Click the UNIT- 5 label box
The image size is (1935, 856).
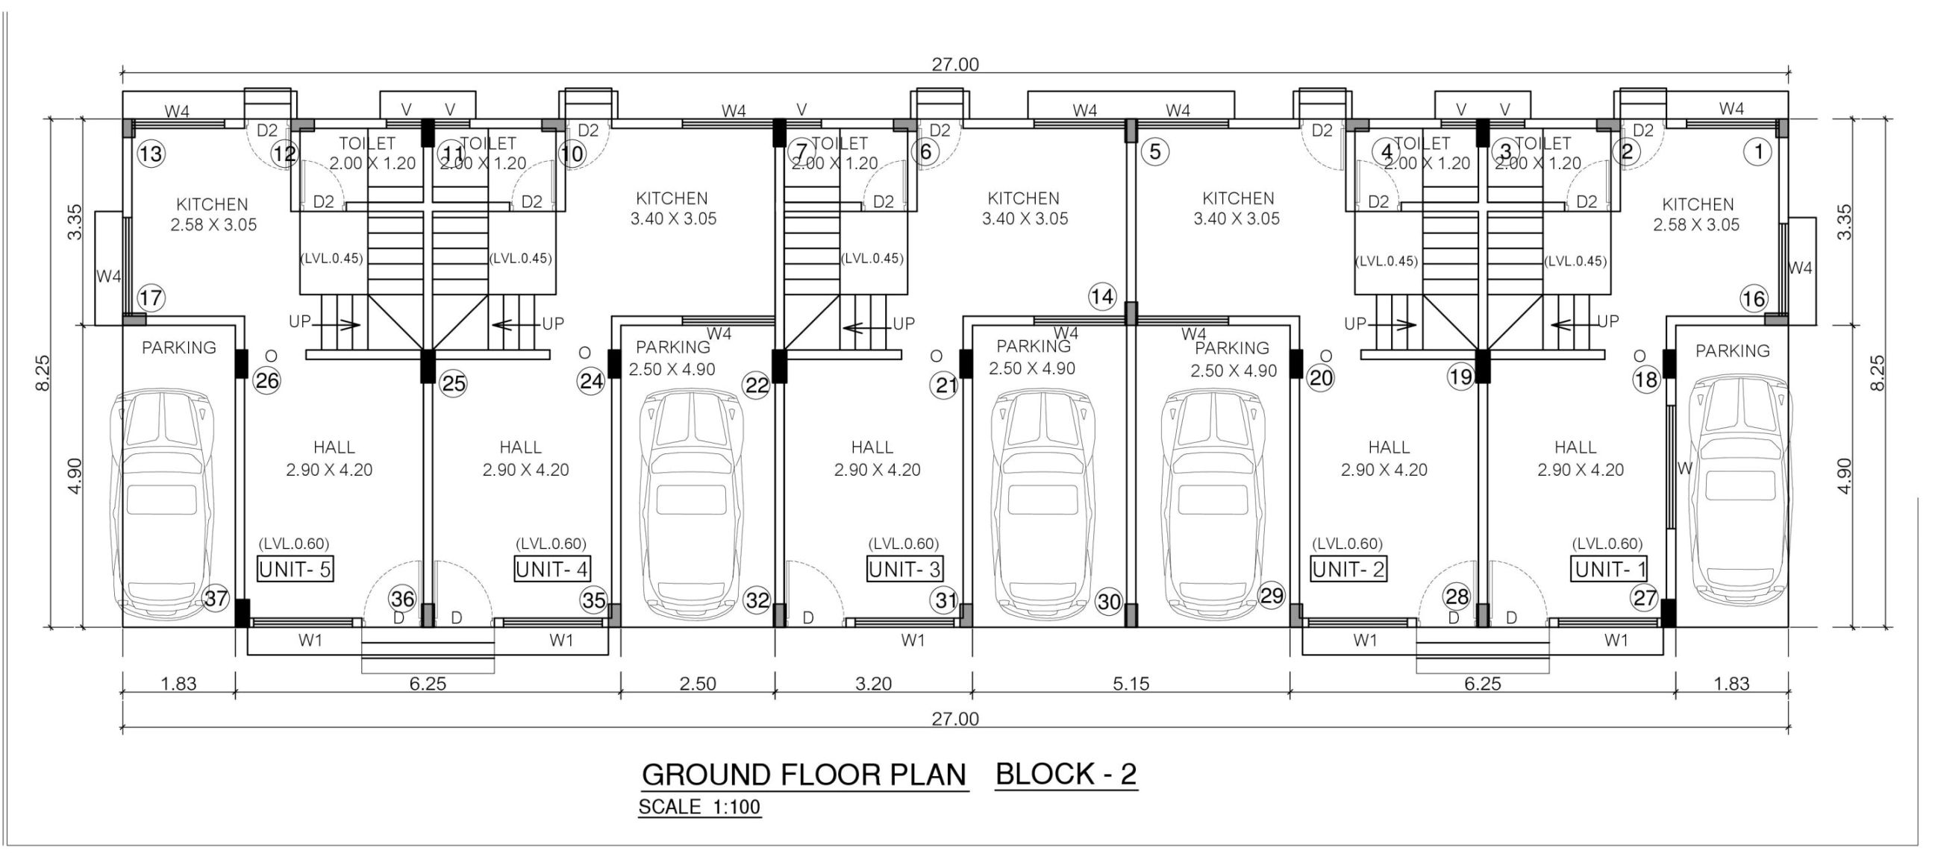coord(296,569)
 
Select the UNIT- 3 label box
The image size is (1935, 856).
coord(905,569)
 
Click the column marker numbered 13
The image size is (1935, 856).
coord(151,154)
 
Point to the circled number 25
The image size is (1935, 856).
coord(454,384)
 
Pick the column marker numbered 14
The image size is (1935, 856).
coord(1103,297)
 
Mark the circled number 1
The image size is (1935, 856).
coord(1757,152)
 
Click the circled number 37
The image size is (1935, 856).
coord(216,599)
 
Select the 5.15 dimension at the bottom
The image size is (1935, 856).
coord(1131,683)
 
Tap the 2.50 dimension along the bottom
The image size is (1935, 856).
coord(697,683)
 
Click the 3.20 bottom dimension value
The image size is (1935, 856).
coord(874,683)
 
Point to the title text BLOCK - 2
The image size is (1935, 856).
coord(1066,773)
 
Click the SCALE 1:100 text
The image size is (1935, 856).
coord(699,808)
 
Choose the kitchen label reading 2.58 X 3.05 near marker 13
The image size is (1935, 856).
coord(213,224)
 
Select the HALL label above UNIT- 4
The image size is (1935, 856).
coord(521,447)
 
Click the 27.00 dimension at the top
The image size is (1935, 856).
coord(955,65)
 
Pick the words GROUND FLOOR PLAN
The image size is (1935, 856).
coord(804,775)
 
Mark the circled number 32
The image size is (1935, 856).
coord(757,600)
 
